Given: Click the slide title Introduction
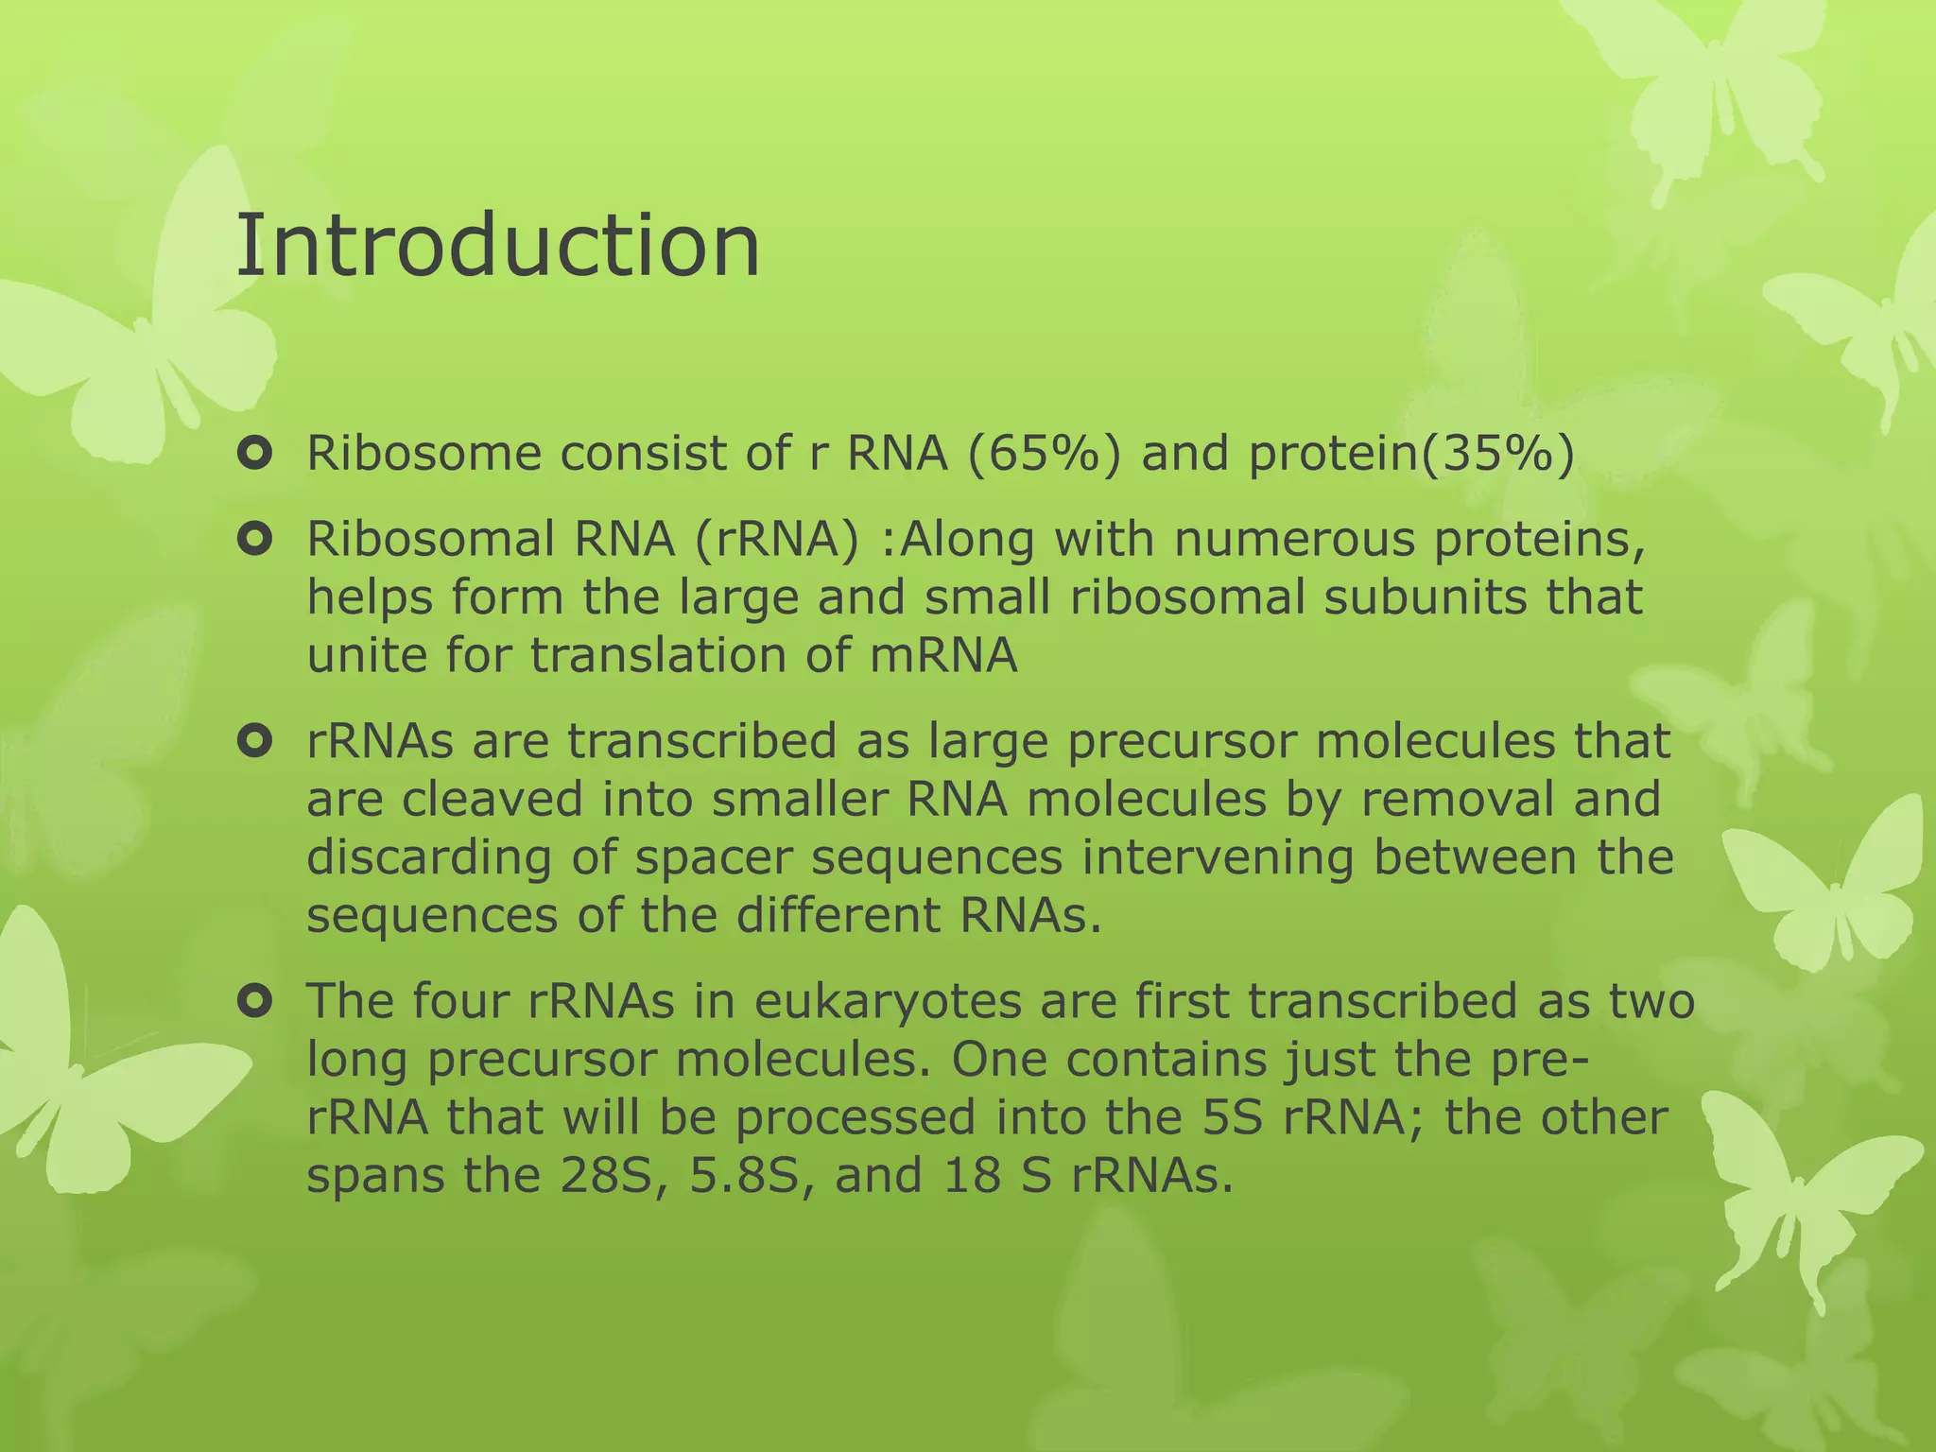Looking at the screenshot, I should click(x=497, y=246).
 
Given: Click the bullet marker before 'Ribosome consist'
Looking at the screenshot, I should click(x=255, y=455).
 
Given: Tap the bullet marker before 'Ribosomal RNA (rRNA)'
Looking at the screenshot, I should click(x=255, y=541).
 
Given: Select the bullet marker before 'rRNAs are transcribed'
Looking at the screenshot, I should click(x=255, y=742).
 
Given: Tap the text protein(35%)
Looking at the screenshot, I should click(x=1411, y=455).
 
